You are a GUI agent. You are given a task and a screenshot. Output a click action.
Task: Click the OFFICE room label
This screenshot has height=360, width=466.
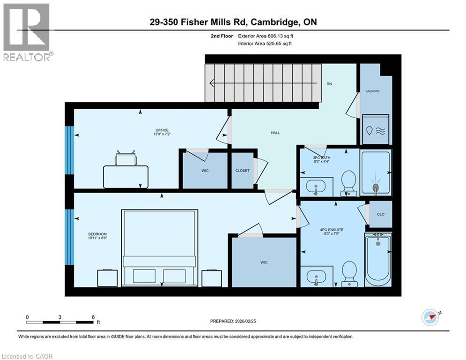click(x=162, y=130)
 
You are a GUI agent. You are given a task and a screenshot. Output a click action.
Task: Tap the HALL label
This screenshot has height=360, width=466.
click(x=275, y=133)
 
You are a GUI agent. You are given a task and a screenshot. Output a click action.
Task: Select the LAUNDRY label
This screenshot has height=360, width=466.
click(x=373, y=91)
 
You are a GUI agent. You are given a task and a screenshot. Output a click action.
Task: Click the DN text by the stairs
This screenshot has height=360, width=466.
click(x=329, y=84)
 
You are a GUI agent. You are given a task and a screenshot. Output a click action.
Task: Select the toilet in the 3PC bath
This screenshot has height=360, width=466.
click(x=348, y=182)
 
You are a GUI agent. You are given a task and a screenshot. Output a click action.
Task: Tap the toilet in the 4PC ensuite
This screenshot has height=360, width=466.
click(x=349, y=273)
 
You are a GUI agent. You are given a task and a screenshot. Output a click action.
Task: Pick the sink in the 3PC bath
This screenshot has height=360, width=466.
click(x=316, y=187)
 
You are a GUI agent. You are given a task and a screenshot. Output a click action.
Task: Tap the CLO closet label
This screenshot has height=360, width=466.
click(x=381, y=214)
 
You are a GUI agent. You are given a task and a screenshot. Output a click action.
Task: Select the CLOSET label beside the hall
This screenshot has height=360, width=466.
click(x=242, y=171)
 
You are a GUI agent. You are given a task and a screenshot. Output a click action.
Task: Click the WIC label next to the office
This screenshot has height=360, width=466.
click(x=204, y=171)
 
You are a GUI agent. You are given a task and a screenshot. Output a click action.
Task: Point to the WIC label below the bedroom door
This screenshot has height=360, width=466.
click(x=264, y=262)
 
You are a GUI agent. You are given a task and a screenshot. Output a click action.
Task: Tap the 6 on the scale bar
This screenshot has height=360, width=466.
click(x=93, y=317)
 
